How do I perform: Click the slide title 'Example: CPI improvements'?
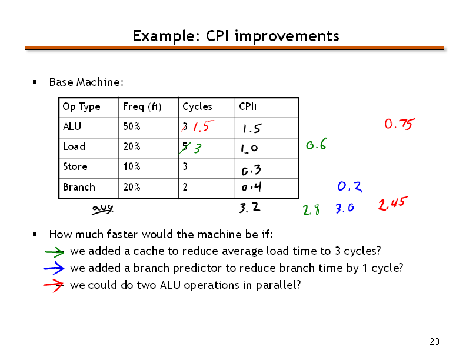tap(236, 36)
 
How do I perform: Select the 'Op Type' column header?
tap(81, 106)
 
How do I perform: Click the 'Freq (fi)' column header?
tap(142, 106)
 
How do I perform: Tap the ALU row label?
tap(72, 126)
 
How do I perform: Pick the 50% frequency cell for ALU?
tap(132, 126)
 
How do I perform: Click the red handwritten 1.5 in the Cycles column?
tap(203, 126)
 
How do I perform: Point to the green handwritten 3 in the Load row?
tap(198, 148)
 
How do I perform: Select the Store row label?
tap(75, 166)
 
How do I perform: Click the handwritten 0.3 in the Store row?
tap(251, 169)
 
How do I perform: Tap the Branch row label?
tap(79, 187)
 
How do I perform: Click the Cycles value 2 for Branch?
tap(185, 187)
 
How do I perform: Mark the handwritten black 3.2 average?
tap(249, 207)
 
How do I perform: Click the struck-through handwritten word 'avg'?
tap(102, 209)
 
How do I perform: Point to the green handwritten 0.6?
tap(317, 144)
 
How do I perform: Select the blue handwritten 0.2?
tap(350, 186)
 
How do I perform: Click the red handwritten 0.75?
tap(400, 124)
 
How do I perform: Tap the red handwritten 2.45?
tap(392, 204)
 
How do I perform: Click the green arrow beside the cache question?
tap(54, 252)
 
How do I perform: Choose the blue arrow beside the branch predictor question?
tap(54, 268)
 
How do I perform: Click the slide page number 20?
tap(434, 342)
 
